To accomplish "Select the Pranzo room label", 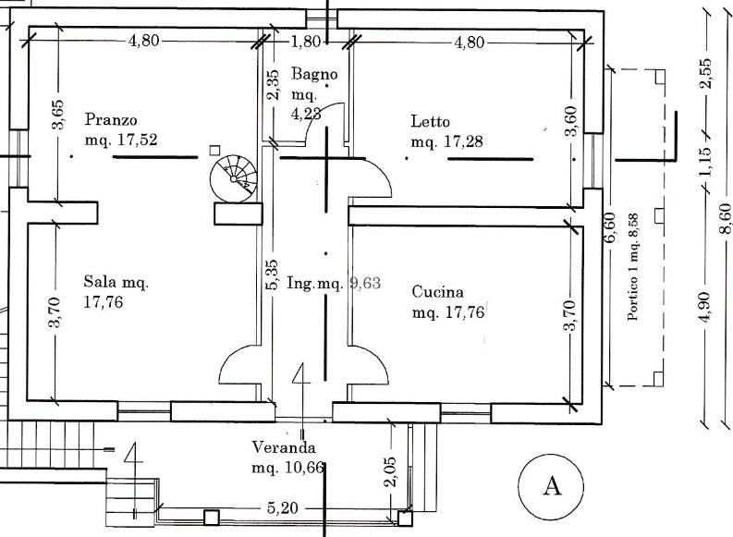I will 110,119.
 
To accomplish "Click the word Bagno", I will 314,74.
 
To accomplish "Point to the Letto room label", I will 430,120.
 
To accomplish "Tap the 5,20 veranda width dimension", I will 283,507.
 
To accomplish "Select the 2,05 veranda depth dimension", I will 389,473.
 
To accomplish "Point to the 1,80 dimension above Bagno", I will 305,42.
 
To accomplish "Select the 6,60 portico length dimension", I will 609,226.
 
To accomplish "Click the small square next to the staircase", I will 214,150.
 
